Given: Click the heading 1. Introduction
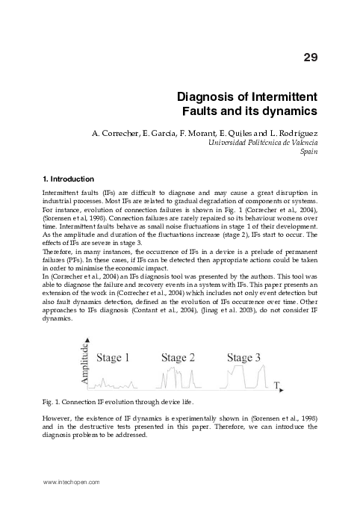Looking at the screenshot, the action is tap(69, 179).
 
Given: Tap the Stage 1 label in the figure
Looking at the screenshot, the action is tap(112, 357).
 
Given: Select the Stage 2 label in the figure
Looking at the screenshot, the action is tap(178, 357).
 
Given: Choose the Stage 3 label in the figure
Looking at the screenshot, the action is tap(243, 357).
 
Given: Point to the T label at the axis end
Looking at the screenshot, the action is tap(276, 385).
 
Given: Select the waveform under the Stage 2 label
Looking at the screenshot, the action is tap(177, 380).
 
